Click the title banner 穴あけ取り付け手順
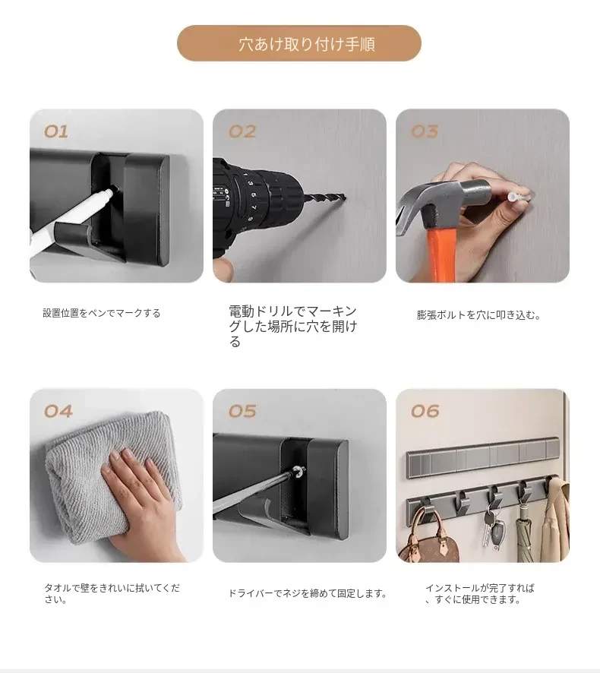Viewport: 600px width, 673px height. click(x=299, y=43)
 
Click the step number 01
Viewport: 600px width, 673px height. click(x=56, y=131)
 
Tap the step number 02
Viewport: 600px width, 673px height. click(x=242, y=131)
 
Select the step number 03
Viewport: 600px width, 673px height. click(x=425, y=131)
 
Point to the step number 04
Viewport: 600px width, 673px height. click(x=58, y=412)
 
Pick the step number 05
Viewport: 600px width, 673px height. click(x=242, y=412)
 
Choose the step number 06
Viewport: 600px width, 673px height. click(x=425, y=412)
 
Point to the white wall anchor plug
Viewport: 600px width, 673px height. click(x=517, y=196)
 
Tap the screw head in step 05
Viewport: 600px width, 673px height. click(x=296, y=473)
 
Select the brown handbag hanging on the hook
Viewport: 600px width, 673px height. click(x=428, y=536)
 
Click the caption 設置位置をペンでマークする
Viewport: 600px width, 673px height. click(x=101, y=313)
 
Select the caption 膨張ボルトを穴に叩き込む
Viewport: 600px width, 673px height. click(x=478, y=315)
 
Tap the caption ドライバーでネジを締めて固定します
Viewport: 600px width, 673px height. click(x=308, y=593)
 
